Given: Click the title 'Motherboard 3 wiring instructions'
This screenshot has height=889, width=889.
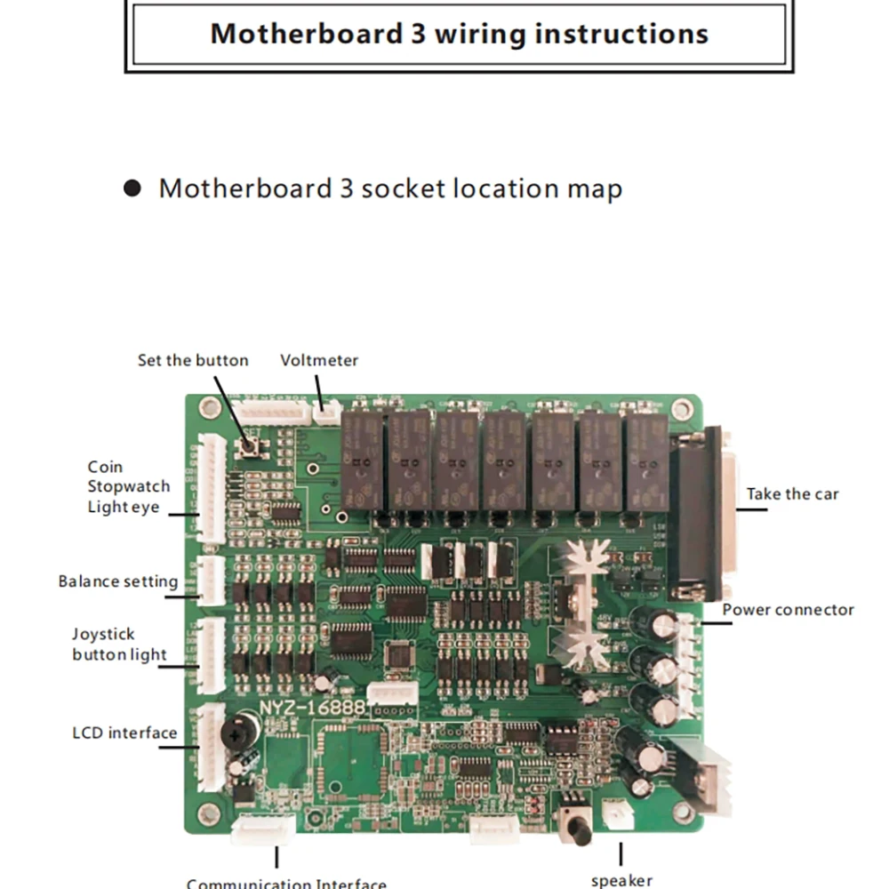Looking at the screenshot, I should pos(459,34).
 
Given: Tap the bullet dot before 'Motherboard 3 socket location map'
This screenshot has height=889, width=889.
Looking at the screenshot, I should pos(132,188).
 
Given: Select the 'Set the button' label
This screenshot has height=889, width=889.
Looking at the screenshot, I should pos(193,360).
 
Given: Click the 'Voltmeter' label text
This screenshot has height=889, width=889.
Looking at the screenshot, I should pos(319,360).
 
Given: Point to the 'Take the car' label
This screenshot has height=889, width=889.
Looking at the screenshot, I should pos(792,494).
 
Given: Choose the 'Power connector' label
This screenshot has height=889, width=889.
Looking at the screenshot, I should pos(788,610).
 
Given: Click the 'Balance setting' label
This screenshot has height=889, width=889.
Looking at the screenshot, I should pos(118,581).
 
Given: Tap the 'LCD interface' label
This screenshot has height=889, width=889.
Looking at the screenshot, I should pos(124,733).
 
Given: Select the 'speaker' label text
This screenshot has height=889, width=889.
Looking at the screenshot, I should pos(621,880).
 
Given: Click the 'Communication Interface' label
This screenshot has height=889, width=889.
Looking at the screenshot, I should pos(286,884).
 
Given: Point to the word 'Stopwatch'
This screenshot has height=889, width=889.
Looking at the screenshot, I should pos(128,486).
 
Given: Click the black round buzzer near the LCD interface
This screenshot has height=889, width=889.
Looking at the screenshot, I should pos(236,732).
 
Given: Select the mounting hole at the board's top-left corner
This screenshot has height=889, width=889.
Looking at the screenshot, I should pos(209,408).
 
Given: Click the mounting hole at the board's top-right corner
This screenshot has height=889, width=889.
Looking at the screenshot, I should pos(682,410).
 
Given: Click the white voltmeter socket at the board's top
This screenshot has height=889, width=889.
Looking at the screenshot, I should pos(329,412).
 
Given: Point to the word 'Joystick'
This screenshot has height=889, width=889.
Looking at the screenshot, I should pos(103,634).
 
